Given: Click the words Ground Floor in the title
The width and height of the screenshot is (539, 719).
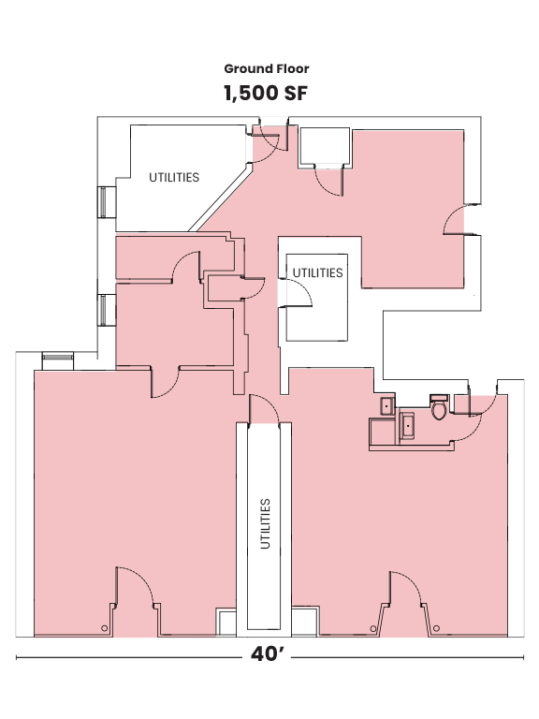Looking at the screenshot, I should [x=266, y=68].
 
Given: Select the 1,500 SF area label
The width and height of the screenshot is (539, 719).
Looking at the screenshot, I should [x=266, y=94].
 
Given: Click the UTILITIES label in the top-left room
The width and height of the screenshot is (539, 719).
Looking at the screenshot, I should [x=174, y=177].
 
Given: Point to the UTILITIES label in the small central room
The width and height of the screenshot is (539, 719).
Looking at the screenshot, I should [x=317, y=273].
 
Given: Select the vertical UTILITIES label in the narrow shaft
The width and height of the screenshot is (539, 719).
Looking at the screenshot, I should [x=266, y=524].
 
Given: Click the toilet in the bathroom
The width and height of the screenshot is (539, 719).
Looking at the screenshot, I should [x=438, y=408].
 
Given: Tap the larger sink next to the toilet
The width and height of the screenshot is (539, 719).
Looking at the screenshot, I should [x=407, y=426].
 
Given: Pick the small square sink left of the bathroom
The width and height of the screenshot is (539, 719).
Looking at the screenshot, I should [x=386, y=406].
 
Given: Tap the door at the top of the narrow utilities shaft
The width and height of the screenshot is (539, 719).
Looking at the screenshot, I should [x=263, y=410].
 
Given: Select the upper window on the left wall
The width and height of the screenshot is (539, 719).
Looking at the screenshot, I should [x=103, y=202].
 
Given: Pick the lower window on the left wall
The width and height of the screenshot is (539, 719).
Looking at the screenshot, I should [x=103, y=308].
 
